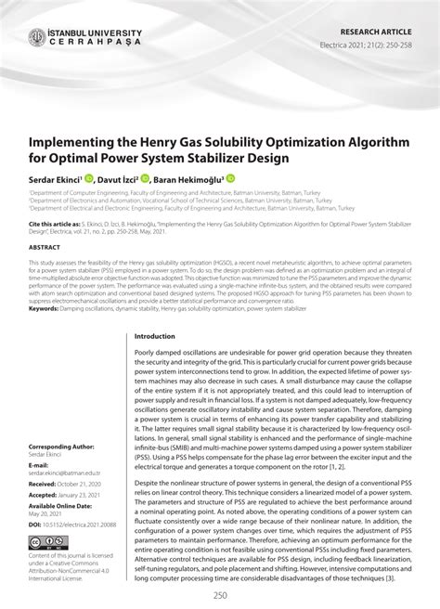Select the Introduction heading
(x=155, y=336)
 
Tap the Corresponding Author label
(x=69, y=447)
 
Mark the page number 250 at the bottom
(x=220, y=594)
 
